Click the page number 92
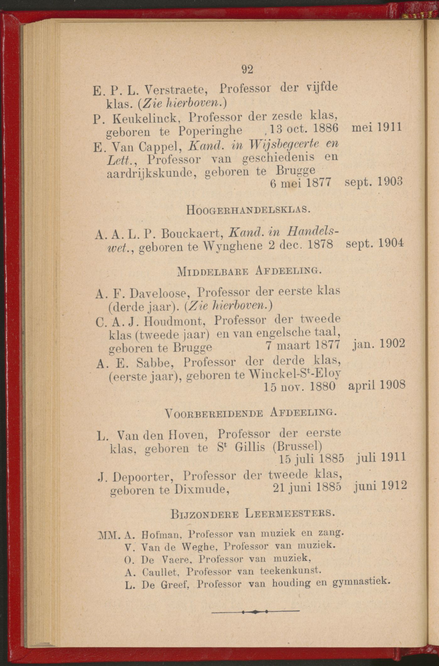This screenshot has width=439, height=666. [247, 69]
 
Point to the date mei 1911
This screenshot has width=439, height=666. [377, 127]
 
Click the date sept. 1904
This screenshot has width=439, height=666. [374, 243]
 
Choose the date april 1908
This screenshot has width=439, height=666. [377, 385]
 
